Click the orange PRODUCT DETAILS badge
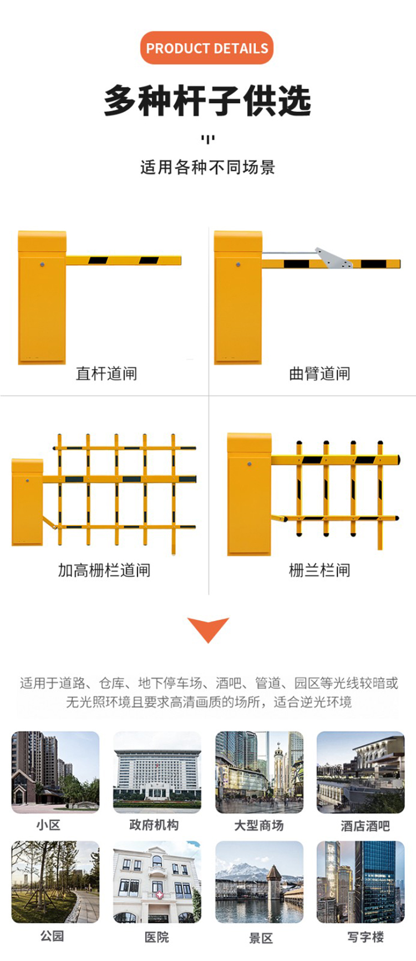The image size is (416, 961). click(207, 48)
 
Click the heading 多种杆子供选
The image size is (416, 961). click(207, 101)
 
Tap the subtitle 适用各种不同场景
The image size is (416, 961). click(207, 167)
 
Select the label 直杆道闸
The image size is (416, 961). click(106, 373)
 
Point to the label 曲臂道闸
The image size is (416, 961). click(319, 373)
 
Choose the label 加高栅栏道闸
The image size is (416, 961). click(104, 570)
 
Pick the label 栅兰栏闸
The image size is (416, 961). click(319, 570)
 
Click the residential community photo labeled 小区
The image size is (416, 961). click(55, 772)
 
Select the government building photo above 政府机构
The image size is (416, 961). click(157, 772)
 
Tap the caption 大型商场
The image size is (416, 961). click(259, 826)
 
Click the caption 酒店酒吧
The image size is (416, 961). click(365, 826)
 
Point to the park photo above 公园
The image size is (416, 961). click(55, 882)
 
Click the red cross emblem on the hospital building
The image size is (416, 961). click(159, 896)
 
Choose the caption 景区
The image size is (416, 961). click(261, 938)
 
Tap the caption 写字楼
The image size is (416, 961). click(366, 937)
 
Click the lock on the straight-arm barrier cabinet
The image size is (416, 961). click(42, 265)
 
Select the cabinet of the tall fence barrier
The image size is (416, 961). click(27, 502)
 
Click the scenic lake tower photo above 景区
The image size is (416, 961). click(259, 882)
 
